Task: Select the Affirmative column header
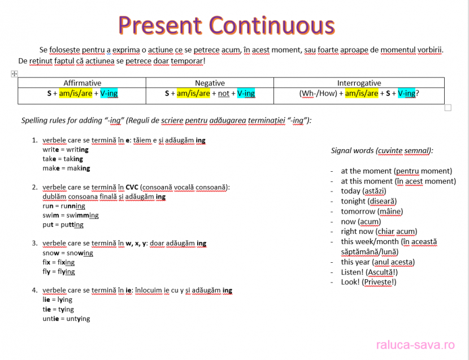82,83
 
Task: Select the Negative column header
210,83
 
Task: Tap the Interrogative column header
359,83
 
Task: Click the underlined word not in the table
224,94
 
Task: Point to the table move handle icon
14,74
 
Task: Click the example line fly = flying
59,272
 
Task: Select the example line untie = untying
66,319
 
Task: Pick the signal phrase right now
357,232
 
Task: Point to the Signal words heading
382,150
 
